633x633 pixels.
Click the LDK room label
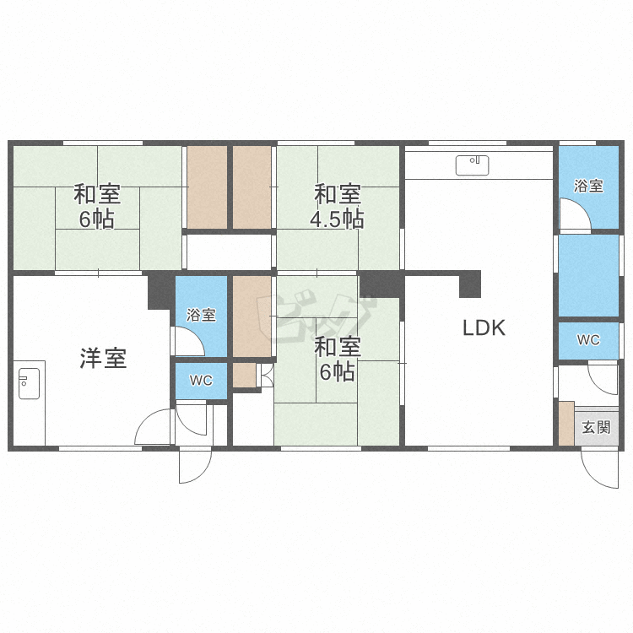(x=484, y=327)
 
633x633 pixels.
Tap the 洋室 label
(x=103, y=358)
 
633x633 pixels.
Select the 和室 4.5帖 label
(x=338, y=206)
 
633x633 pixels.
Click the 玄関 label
(x=596, y=427)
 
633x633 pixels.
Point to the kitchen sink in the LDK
(x=473, y=165)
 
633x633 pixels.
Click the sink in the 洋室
(x=29, y=383)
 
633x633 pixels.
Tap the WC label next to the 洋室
(x=201, y=381)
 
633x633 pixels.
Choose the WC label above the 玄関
(x=588, y=340)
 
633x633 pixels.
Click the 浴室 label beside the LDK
(x=588, y=187)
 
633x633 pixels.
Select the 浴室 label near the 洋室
(x=201, y=315)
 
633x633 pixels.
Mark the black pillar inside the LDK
(x=470, y=284)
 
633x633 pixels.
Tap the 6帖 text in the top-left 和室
(x=96, y=219)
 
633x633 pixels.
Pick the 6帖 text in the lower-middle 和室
(x=338, y=372)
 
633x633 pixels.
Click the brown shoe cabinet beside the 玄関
(x=566, y=424)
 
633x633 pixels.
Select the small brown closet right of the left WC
(x=245, y=376)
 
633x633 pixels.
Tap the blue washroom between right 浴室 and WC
(x=588, y=275)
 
